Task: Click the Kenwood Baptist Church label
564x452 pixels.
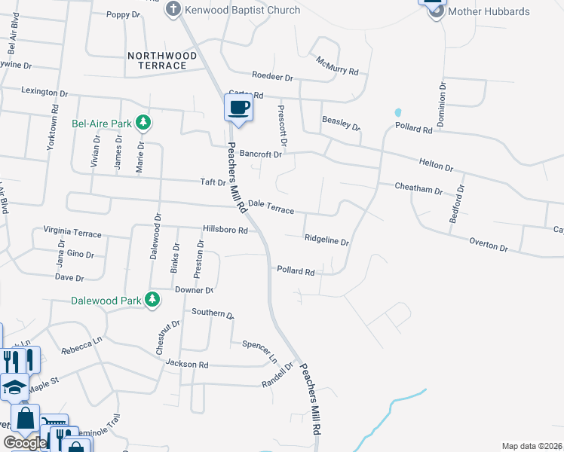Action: pyautogui.click(x=242, y=10)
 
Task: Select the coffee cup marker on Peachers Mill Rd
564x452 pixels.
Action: pyautogui.click(x=238, y=107)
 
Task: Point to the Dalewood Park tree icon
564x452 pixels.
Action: pyautogui.click(x=152, y=300)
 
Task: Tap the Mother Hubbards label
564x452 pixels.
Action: pyautogui.click(x=489, y=11)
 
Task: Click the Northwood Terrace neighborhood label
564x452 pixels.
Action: pyautogui.click(x=162, y=61)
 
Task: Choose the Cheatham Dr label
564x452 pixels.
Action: pyautogui.click(x=418, y=188)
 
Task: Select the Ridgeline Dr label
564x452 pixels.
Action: pyautogui.click(x=326, y=242)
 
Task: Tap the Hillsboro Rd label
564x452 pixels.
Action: pyautogui.click(x=225, y=229)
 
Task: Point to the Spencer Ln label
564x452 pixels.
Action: pyautogui.click(x=259, y=349)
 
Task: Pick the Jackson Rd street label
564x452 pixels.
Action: pyautogui.click(x=187, y=364)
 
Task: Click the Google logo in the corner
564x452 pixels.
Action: pyautogui.click(x=25, y=442)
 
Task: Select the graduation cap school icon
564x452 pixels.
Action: pyautogui.click(x=14, y=387)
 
